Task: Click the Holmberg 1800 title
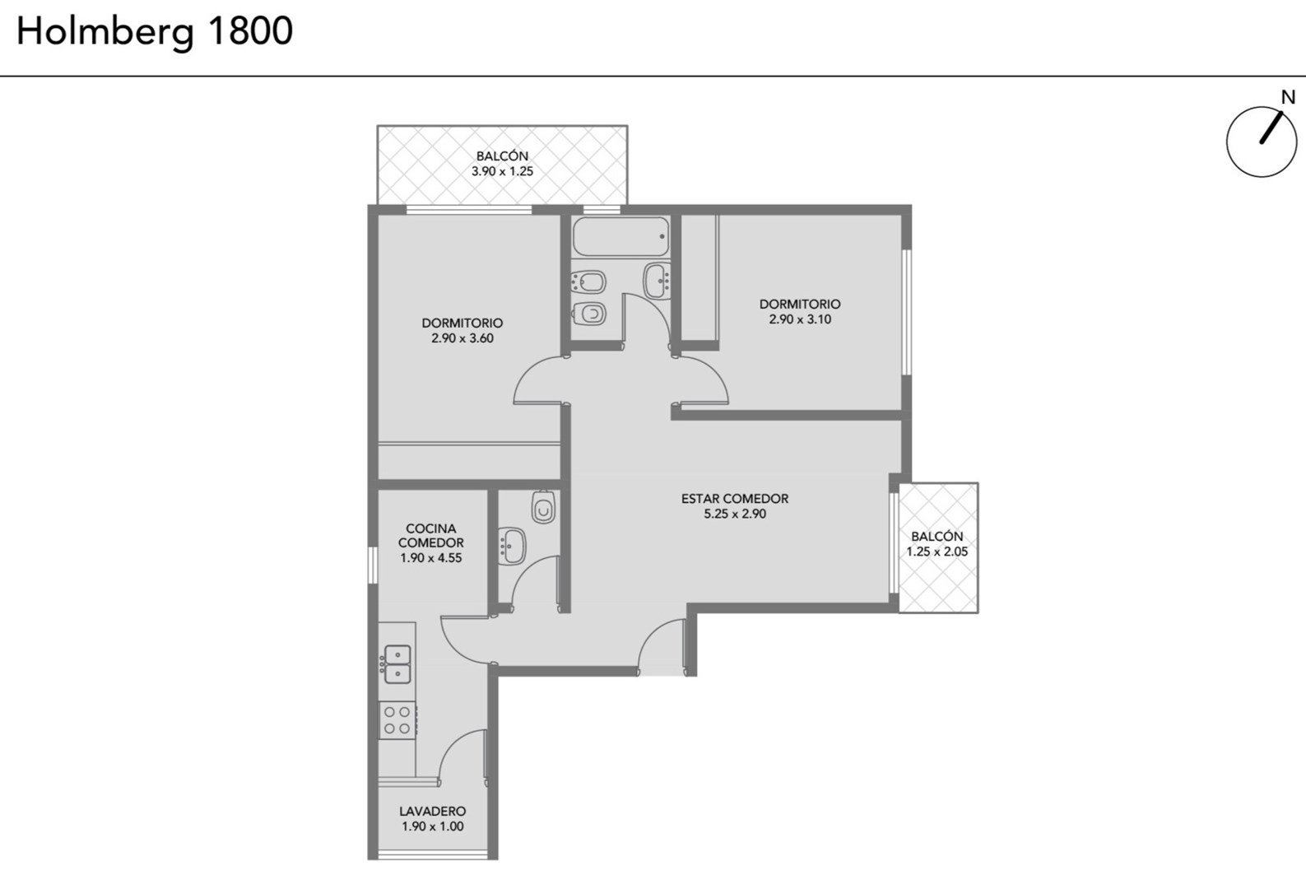point(155,33)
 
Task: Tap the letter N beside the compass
point(1288,97)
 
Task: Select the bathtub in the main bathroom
point(620,236)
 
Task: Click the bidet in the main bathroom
point(589,283)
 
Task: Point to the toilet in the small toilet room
point(543,506)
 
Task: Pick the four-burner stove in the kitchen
point(397,719)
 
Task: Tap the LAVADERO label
point(433,811)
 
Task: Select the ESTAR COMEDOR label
point(735,498)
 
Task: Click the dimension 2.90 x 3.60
point(462,338)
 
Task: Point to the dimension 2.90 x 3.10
point(800,319)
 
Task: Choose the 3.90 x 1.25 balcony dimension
point(502,171)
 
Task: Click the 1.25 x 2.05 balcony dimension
point(937,552)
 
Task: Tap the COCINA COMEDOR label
point(431,536)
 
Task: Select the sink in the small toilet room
point(513,546)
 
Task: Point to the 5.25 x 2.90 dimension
point(735,514)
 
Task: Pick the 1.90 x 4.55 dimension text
point(431,558)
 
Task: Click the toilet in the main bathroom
point(589,314)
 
